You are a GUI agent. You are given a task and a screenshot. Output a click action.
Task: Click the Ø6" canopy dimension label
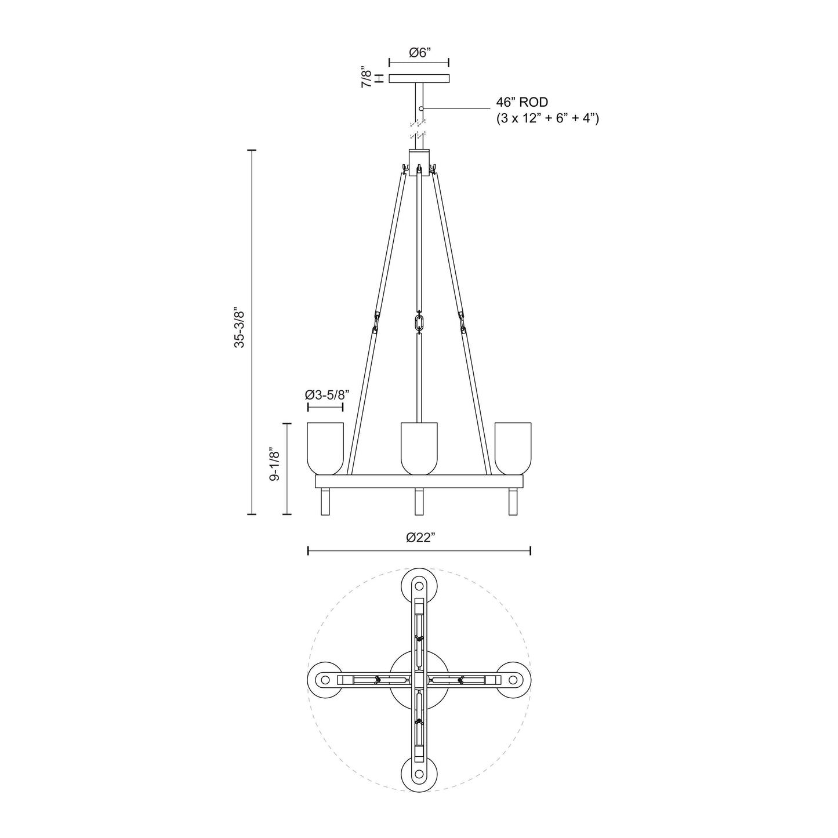(x=418, y=53)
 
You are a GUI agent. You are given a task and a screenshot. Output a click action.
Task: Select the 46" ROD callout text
(x=521, y=103)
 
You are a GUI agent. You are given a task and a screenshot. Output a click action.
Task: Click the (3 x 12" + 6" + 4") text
(x=547, y=119)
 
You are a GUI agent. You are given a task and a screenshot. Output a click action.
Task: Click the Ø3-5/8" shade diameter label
(x=327, y=395)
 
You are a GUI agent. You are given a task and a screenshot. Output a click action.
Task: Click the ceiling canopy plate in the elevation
(x=419, y=78)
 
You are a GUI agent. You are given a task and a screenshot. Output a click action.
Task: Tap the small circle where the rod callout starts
(x=422, y=108)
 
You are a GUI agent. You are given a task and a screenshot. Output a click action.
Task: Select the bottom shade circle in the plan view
(x=419, y=774)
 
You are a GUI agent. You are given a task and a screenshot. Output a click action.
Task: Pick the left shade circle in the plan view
(x=325, y=680)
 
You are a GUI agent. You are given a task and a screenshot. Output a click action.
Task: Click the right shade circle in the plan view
(x=513, y=680)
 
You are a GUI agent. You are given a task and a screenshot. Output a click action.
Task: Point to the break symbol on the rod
(x=418, y=129)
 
